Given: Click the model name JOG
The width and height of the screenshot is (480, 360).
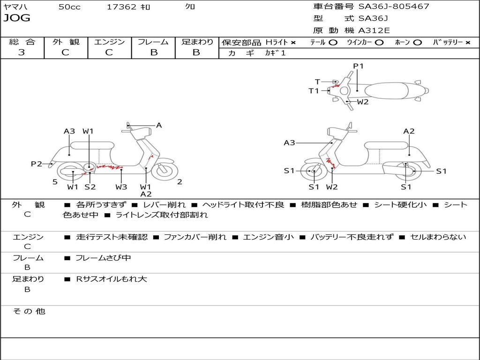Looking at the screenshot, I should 17,18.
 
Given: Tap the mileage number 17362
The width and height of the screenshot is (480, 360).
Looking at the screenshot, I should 121,7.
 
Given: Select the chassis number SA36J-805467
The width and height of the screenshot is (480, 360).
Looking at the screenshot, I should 393,7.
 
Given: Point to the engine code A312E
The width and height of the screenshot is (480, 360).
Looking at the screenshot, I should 374,30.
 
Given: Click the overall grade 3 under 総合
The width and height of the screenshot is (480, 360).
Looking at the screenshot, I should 22,52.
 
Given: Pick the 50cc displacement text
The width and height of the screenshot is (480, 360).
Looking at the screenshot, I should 69,7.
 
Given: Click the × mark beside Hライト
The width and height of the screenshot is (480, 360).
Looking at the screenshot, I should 293,43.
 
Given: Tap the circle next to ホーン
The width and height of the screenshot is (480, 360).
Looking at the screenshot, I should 417,43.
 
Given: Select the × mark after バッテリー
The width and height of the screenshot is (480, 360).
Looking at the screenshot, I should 467,43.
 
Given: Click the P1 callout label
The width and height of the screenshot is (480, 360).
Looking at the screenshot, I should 358,66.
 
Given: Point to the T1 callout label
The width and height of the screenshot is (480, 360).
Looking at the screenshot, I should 314,91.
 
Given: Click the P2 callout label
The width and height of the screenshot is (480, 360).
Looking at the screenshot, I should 36,164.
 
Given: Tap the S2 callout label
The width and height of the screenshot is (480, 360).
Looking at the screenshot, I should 90,187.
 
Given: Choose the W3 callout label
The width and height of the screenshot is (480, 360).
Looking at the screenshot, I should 121,187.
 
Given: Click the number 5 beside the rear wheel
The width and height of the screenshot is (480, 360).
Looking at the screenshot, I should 55,182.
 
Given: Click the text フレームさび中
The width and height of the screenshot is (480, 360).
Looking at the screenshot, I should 103,258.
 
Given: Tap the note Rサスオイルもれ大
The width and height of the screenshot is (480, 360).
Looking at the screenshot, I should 112,279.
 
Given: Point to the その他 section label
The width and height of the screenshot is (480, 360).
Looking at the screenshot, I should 29,311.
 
